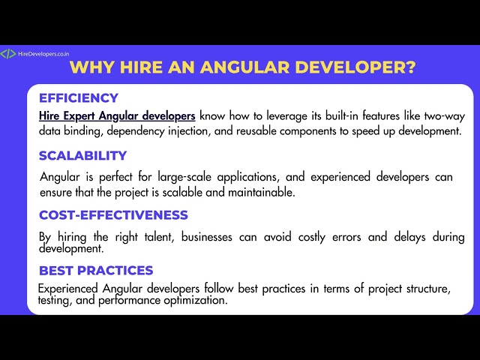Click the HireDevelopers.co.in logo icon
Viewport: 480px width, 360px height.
7,54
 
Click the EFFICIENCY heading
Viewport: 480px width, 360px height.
78,97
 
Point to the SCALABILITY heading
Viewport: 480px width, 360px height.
82,156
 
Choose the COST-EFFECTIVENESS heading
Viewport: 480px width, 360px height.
113,215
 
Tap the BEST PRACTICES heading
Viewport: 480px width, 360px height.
96,271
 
